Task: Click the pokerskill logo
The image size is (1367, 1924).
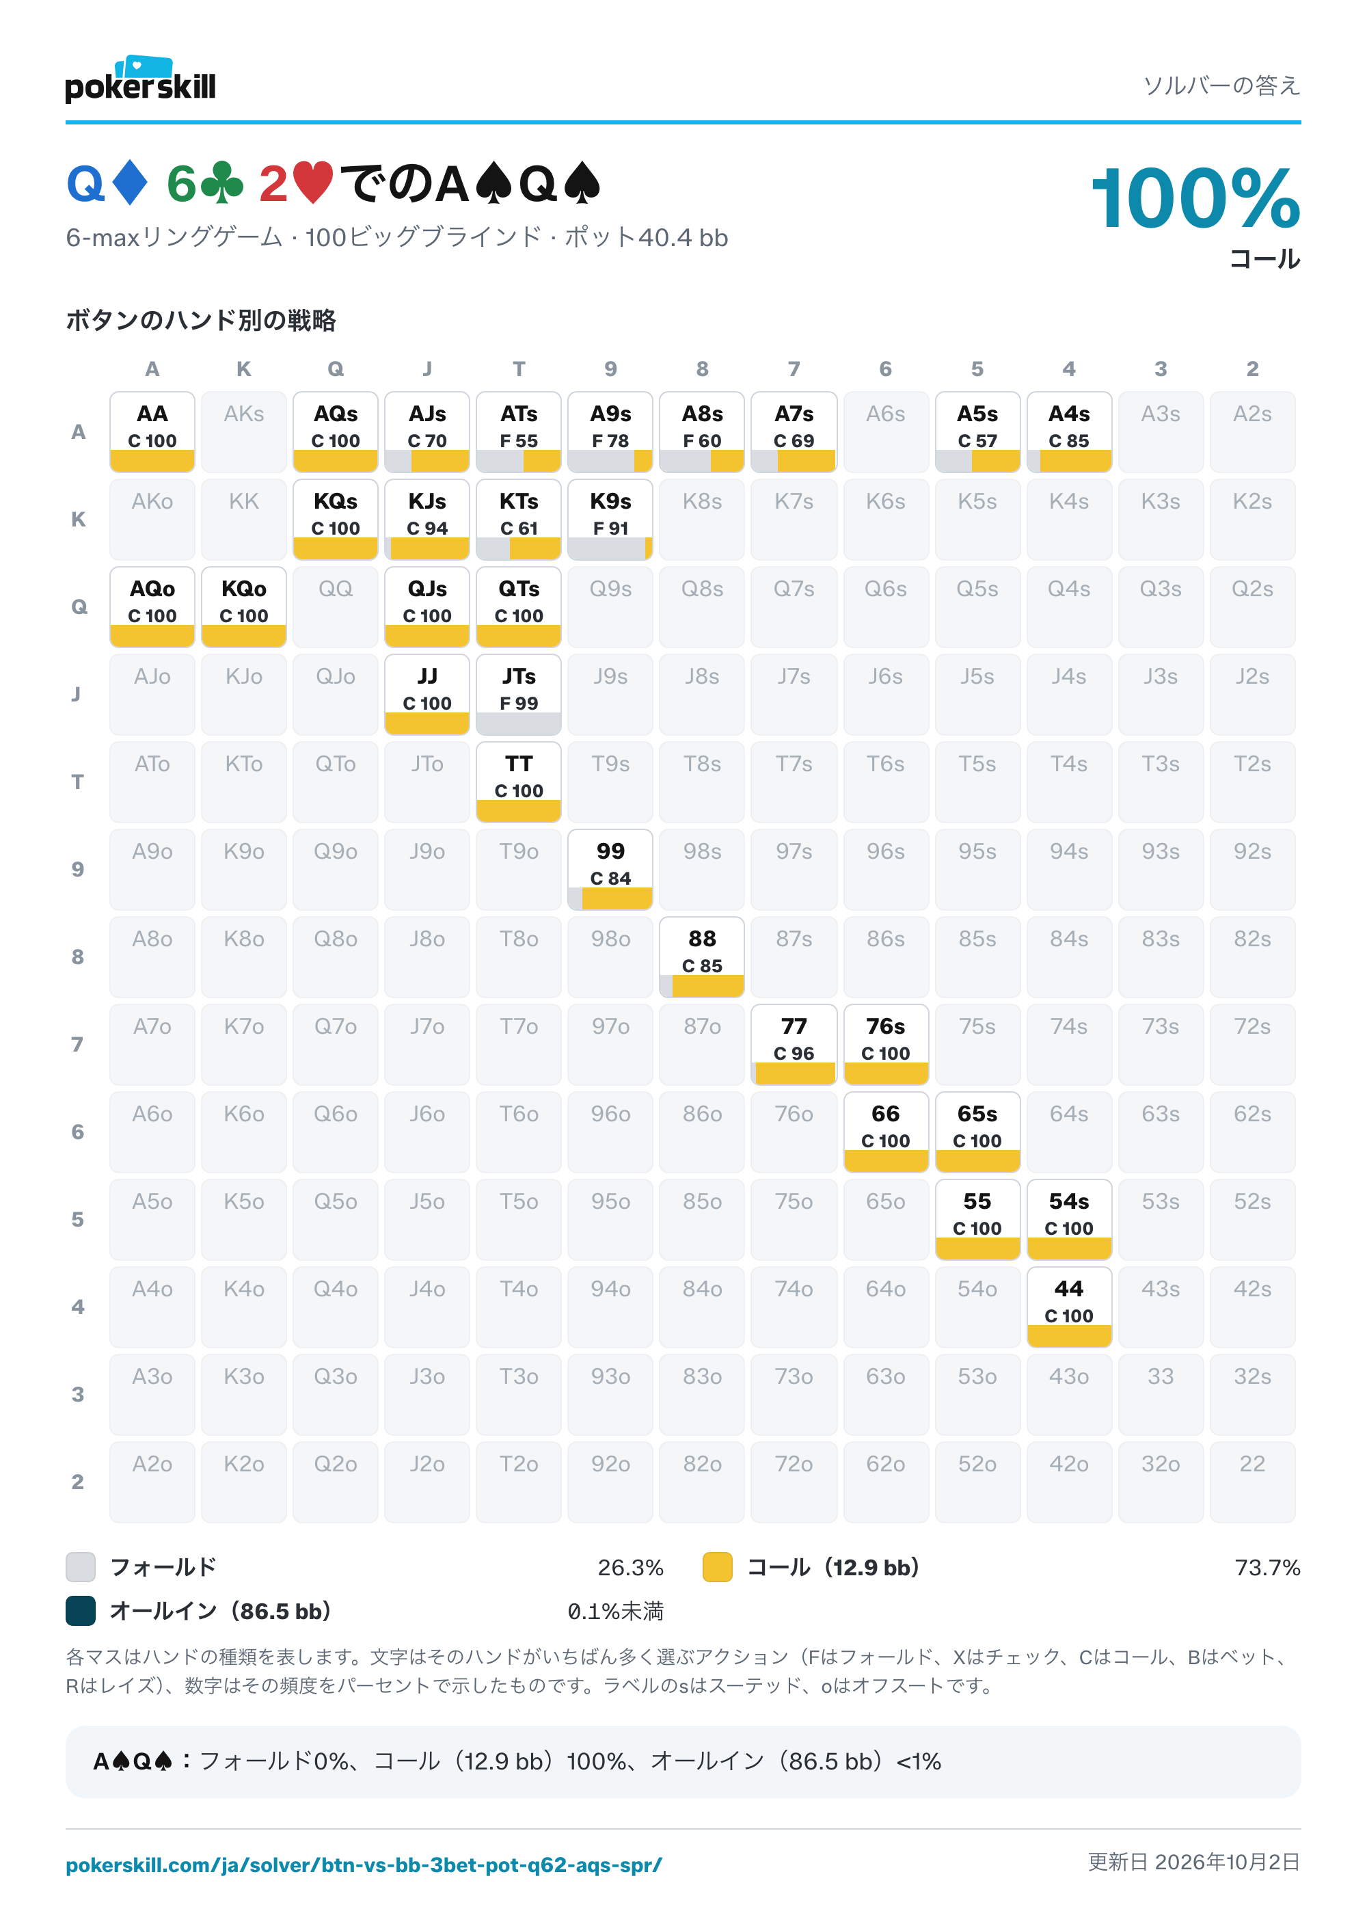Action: point(141,80)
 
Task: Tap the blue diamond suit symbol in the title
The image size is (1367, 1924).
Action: point(131,183)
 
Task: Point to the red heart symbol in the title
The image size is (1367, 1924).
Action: point(313,183)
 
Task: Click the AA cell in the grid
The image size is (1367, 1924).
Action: point(152,431)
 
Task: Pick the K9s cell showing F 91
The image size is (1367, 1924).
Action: point(610,519)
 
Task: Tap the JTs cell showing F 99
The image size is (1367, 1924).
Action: point(519,694)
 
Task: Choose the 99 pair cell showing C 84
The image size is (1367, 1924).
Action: point(610,869)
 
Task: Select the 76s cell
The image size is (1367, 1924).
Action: point(886,1044)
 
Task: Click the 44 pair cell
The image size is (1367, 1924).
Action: point(1069,1307)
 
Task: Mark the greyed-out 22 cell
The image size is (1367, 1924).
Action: point(1253,1482)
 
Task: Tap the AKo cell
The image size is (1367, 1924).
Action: point(152,519)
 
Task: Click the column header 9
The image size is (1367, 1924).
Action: point(610,369)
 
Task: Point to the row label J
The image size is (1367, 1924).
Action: point(77,694)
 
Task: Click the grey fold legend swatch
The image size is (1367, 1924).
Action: point(81,1567)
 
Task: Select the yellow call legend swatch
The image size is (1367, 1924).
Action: point(717,1567)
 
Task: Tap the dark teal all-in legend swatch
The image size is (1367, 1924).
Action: point(81,1611)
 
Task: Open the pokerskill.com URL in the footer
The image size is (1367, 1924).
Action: point(364,1865)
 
